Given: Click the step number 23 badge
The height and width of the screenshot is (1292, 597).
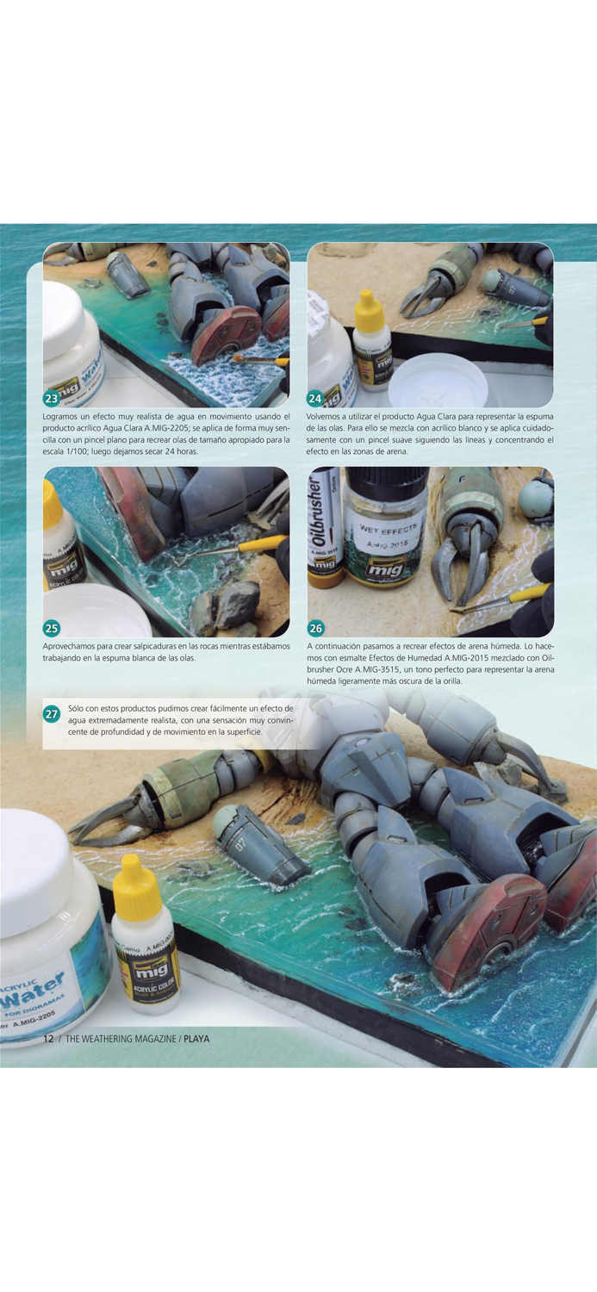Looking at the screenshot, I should point(52,398).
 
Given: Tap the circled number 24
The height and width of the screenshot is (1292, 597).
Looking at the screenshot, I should point(315,398).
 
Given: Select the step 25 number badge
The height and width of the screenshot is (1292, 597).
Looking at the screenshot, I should point(52,628).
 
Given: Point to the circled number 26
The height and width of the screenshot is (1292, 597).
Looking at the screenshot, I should point(315,628).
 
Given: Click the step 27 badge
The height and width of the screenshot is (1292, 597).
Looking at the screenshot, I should point(52,714).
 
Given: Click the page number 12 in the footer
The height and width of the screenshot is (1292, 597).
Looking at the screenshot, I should point(49,1039).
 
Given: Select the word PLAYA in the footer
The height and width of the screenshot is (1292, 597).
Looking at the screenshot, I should point(196,1039).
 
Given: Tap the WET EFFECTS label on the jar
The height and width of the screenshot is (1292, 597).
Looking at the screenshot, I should point(387,528).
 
